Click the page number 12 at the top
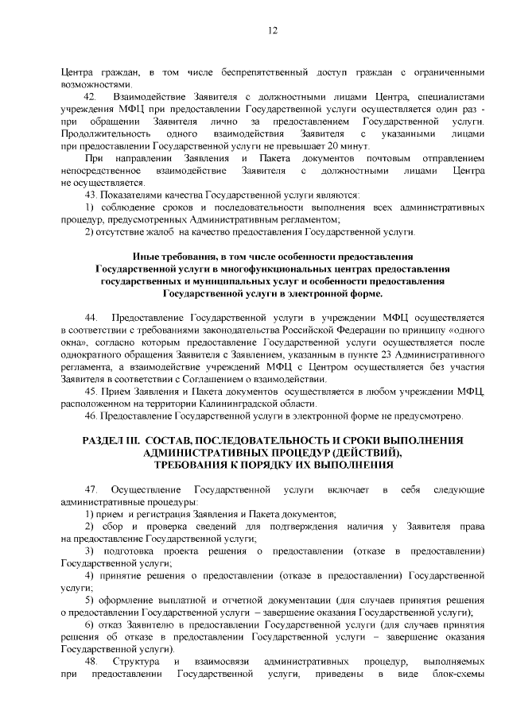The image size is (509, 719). coord(272,30)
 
